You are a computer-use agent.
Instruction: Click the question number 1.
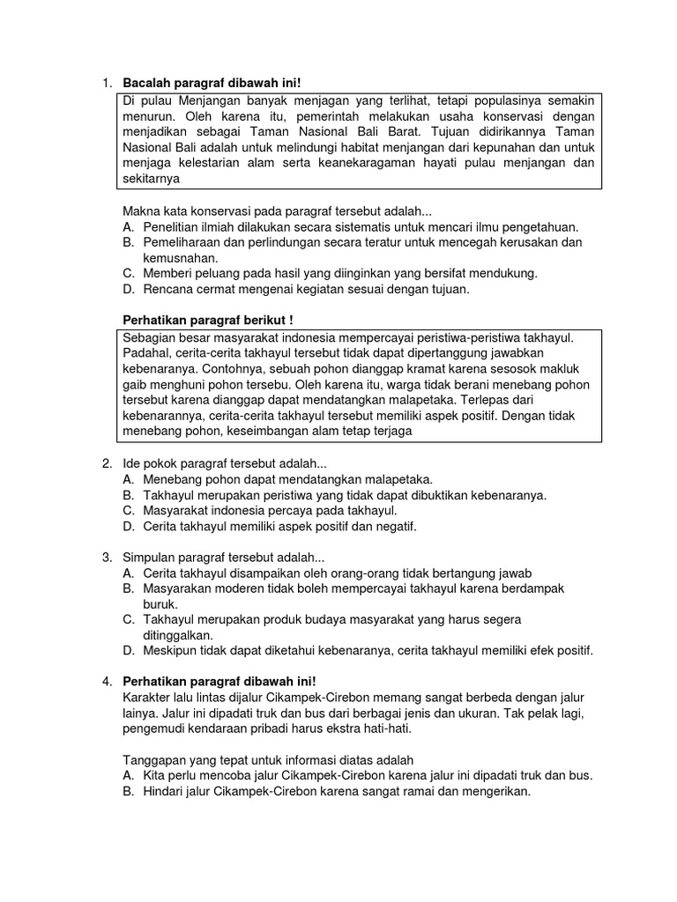point(106,84)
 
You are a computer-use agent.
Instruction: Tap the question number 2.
point(106,463)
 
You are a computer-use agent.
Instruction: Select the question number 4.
point(106,682)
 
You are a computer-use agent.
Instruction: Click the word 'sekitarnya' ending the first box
point(150,179)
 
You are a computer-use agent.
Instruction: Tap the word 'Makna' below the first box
point(139,211)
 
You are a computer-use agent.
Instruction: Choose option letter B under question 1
point(128,242)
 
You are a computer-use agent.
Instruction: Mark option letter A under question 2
point(128,479)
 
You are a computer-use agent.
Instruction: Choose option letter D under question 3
point(128,651)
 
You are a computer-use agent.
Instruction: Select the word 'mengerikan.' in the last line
point(496,792)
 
